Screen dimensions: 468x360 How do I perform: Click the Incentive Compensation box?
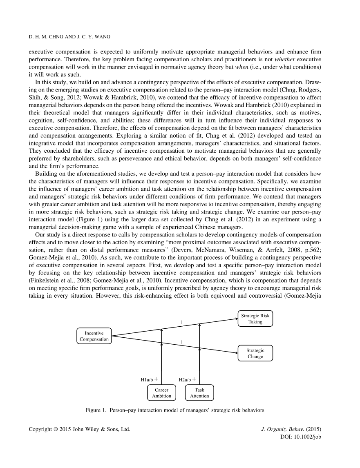click(x=94, y=336)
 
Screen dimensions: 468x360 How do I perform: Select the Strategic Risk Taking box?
click(x=255, y=319)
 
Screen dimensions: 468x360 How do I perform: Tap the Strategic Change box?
click(x=255, y=353)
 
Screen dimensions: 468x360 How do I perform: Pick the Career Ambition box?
click(x=161, y=393)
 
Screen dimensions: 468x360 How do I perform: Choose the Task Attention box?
click(x=199, y=393)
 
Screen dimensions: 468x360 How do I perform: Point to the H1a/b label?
click(x=147, y=379)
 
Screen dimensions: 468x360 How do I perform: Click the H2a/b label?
click(x=185, y=379)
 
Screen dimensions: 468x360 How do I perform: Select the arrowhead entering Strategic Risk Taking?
click(x=236, y=316)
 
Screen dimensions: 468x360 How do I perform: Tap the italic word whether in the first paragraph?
click(x=293, y=60)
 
